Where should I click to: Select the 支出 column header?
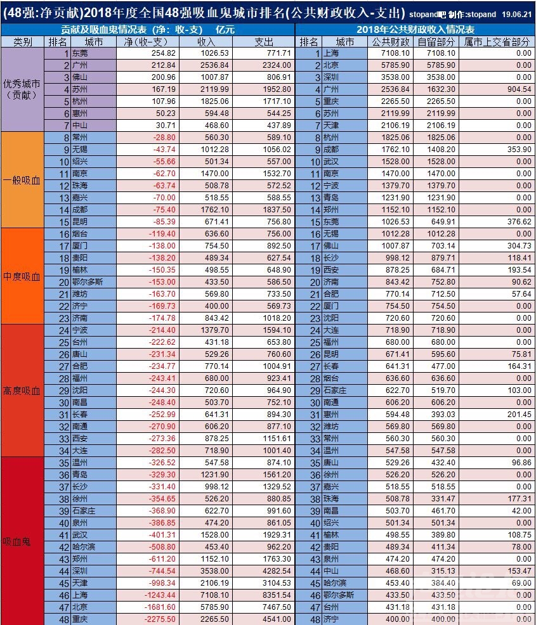point(263,42)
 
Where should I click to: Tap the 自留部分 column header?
point(436,42)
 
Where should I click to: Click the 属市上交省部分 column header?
point(497,42)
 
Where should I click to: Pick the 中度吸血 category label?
point(22,277)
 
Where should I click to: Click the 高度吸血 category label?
point(22,390)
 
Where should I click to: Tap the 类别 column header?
point(23,42)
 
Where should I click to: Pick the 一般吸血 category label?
point(22,180)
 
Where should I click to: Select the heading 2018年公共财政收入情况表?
point(415,30)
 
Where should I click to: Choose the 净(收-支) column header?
point(147,42)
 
